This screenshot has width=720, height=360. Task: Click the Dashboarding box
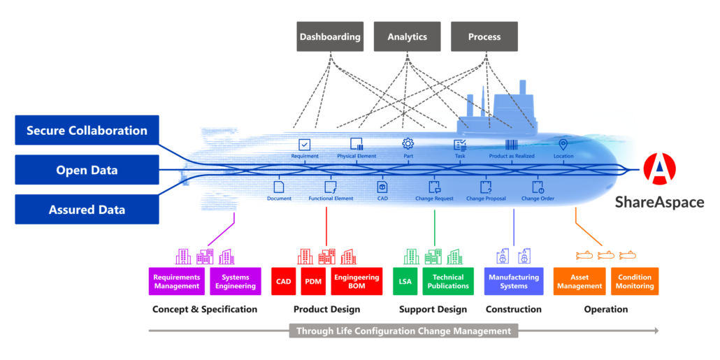pos(330,36)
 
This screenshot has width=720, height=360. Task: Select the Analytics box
pos(408,36)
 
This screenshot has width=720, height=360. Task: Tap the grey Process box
pos(484,36)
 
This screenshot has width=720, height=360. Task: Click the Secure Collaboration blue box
pos(87,131)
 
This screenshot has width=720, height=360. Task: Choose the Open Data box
pos(87,170)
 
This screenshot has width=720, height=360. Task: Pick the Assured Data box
pos(87,210)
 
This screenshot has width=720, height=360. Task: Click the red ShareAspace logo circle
pos(659,169)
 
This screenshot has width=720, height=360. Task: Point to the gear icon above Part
pos(408,144)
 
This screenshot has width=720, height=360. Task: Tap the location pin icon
pos(563,145)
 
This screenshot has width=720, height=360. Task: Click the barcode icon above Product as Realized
pos(512,145)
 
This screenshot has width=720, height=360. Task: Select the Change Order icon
pos(538,187)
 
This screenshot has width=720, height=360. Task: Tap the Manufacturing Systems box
pos(514,282)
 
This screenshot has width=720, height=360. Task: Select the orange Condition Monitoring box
pos(635,282)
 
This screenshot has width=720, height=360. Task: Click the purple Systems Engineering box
pos(236,282)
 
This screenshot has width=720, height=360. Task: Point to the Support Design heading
pos(433,310)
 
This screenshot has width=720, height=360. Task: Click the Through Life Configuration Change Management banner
pos(403,331)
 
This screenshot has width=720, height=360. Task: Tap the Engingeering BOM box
pos(357,282)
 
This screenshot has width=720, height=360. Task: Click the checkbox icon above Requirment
pos(305,145)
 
